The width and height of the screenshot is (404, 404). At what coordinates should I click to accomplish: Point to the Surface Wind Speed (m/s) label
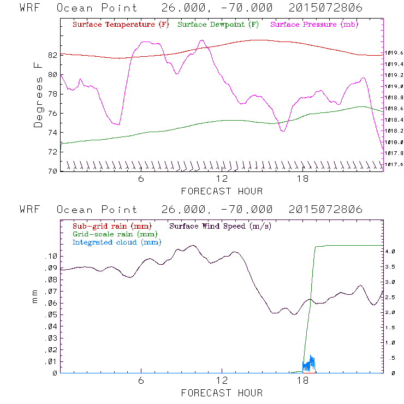[x=220, y=225]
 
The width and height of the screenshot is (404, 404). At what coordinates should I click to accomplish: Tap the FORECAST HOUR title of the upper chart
[x=222, y=191]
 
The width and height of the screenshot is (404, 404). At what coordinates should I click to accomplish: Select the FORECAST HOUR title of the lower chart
[x=222, y=393]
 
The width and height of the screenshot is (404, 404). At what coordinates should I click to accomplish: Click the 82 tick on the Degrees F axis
[x=52, y=55]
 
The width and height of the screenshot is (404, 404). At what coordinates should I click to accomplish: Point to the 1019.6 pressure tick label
[x=394, y=52]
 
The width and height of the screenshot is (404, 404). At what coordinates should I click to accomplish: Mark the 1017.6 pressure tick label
[x=394, y=164]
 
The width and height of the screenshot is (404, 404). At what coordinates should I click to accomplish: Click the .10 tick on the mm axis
[x=50, y=256]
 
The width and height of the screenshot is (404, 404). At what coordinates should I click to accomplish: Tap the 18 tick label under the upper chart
[x=302, y=180]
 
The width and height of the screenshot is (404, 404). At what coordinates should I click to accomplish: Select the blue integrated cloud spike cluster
[x=310, y=364]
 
